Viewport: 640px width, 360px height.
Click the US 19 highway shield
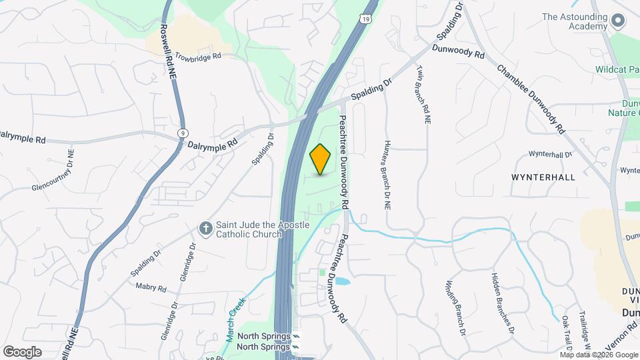click(x=367, y=19)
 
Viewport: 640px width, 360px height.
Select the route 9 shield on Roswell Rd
click(x=182, y=133)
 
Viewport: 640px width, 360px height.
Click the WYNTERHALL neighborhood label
click(x=543, y=178)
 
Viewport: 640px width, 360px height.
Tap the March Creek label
click(x=235, y=319)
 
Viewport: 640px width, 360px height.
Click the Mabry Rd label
click(x=151, y=287)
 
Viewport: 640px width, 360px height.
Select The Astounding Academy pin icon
click(x=617, y=21)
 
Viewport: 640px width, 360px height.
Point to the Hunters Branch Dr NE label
click(x=387, y=175)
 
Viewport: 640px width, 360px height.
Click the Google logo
click(x=22, y=351)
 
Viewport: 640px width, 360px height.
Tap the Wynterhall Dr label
click(x=551, y=155)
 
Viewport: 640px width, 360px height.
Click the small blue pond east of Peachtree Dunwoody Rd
click(x=341, y=281)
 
